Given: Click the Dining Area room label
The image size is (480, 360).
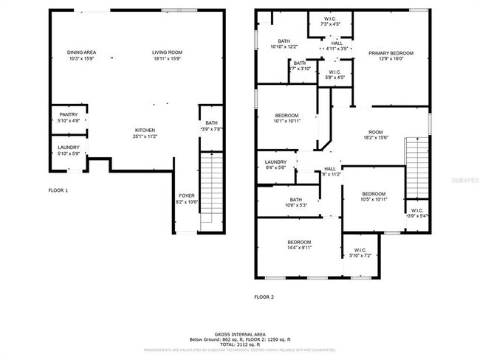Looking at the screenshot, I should click(x=82, y=52).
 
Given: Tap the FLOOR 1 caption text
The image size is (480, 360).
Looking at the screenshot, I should click(x=58, y=191).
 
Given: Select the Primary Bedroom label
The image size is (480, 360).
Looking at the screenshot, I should click(x=391, y=53).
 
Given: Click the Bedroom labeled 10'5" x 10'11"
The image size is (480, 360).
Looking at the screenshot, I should click(x=374, y=198).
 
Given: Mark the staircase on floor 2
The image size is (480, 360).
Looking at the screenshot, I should click(x=417, y=167).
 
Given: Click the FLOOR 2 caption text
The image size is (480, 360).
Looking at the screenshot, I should click(x=264, y=297).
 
